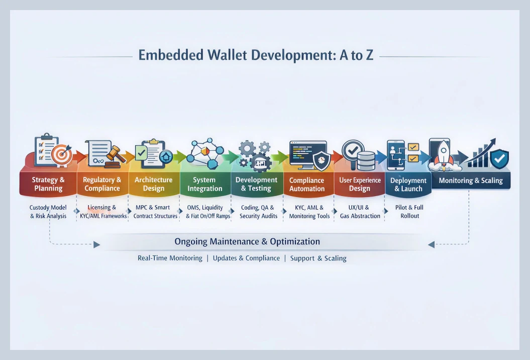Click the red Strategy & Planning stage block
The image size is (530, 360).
click(x=48, y=184)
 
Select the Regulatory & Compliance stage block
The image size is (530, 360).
click(x=102, y=184)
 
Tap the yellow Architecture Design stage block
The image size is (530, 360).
click(x=153, y=184)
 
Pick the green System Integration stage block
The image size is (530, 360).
click(x=204, y=184)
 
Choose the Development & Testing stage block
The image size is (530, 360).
click(x=256, y=184)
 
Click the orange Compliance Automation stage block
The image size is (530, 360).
click(x=307, y=184)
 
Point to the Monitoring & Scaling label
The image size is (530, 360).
click(x=471, y=181)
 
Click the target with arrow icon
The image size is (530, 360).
click(x=62, y=155)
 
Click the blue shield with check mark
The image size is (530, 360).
click(x=499, y=158)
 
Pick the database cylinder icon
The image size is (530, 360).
click(x=366, y=160)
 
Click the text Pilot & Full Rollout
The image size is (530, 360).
click(x=409, y=212)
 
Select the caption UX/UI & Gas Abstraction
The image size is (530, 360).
click(x=359, y=212)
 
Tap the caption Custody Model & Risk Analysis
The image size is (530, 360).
click(x=48, y=212)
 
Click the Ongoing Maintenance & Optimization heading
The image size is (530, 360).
click(x=247, y=241)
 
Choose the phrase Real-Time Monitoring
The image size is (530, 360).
click(x=170, y=258)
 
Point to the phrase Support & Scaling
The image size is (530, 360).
click(x=319, y=258)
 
